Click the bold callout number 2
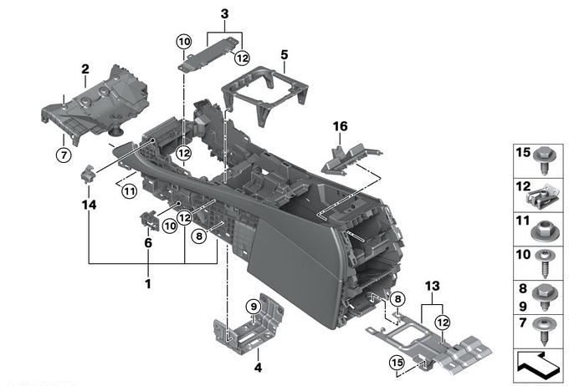pyautogui.click(x=85, y=69)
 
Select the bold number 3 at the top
pyautogui.click(x=224, y=13)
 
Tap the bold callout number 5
pyautogui.click(x=284, y=55)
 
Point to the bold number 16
pyautogui.click(x=340, y=126)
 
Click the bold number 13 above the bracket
pyautogui.click(x=433, y=286)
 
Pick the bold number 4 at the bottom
pyautogui.click(x=258, y=368)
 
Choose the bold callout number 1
pyautogui.click(x=148, y=284)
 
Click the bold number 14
pyautogui.click(x=89, y=205)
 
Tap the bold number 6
pyautogui.click(x=148, y=243)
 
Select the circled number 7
pyautogui.click(x=64, y=155)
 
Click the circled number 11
pyautogui.click(x=130, y=190)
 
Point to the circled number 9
pyautogui.click(x=254, y=307)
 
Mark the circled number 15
pyautogui.click(x=397, y=363)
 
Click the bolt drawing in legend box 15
pyautogui.click(x=545, y=160)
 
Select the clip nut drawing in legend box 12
pyautogui.click(x=541, y=196)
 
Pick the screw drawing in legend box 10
pyautogui.click(x=545, y=263)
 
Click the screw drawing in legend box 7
pyautogui.click(x=545, y=331)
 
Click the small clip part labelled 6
pyautogui.click(x=149, y=220)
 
